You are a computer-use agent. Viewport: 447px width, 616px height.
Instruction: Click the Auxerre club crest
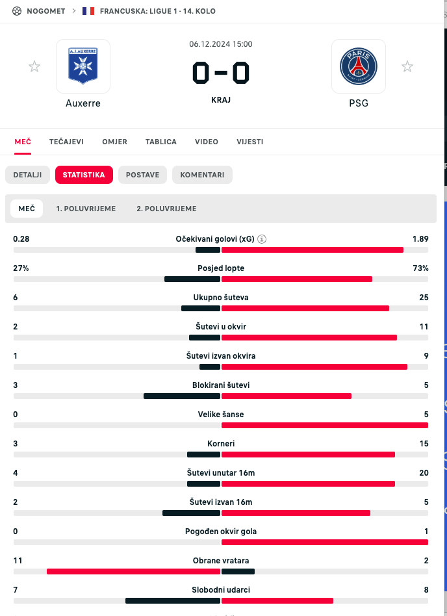83,66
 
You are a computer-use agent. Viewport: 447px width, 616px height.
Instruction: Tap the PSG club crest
359,66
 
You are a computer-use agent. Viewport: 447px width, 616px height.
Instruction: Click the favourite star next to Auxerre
34,66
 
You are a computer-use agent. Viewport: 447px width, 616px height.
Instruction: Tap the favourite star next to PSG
407,66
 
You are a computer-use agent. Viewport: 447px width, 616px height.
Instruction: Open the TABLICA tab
161,142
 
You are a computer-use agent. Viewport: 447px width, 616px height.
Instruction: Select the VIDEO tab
207,142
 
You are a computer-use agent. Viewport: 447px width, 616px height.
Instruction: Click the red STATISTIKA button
84,175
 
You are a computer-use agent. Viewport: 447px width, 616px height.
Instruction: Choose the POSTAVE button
143,175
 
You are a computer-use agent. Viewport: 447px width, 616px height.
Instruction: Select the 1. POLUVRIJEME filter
86,209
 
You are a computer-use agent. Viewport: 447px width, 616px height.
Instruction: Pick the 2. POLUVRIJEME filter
166,209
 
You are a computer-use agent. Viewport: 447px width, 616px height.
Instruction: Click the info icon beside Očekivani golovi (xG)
262,239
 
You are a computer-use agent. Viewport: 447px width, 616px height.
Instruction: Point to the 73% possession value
420,268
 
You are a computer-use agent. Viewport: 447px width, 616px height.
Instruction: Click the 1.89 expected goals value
420,239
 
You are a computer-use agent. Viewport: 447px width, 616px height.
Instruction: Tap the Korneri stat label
221,444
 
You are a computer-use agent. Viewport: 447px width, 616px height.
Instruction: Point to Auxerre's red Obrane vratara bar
133,572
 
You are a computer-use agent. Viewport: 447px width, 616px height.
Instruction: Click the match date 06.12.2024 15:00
221,44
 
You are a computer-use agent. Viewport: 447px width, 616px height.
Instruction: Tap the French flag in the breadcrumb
88,12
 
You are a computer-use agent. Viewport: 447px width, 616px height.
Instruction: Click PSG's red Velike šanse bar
325,426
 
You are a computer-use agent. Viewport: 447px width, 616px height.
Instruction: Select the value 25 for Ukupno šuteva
424,298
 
